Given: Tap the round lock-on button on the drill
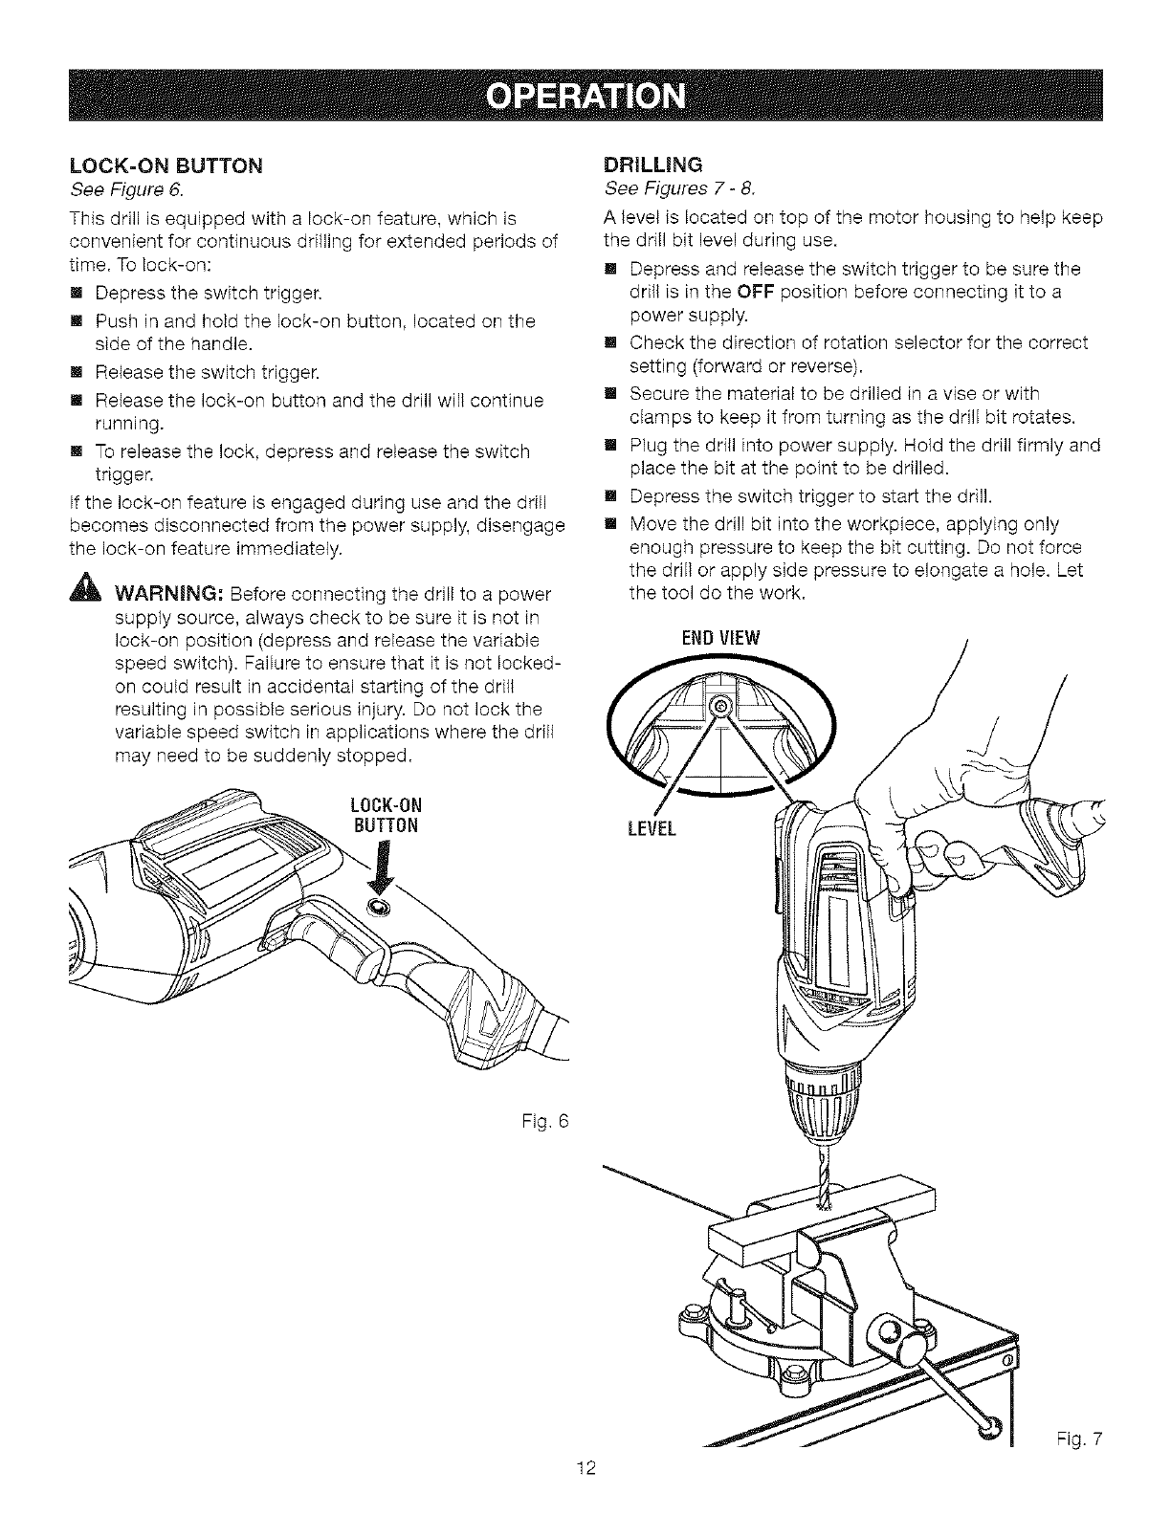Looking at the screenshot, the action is (378, 906).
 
